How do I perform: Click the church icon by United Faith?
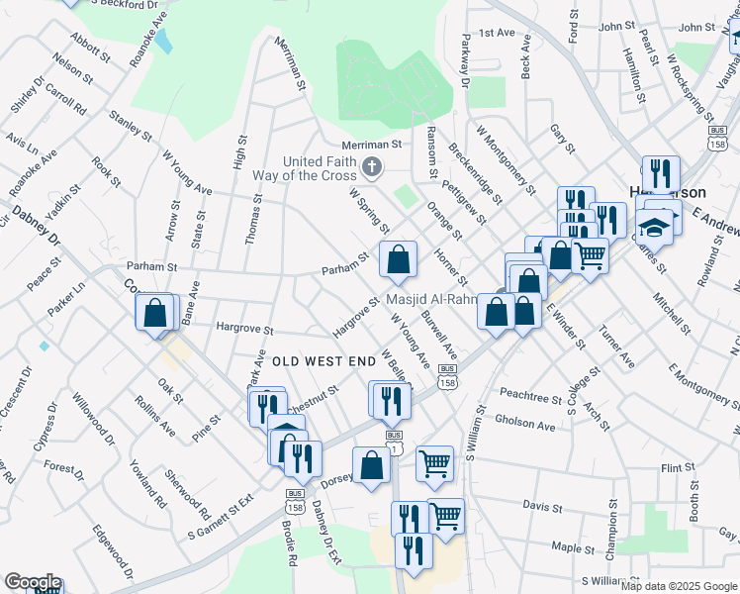point(372,166)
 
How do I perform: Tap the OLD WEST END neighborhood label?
point(324,362)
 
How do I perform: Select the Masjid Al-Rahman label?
point(431,300)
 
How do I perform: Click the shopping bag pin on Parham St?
point(398,261)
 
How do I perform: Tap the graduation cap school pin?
point(654,228)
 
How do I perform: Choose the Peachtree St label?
point(530,395)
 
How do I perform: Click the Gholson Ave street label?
point(525,425)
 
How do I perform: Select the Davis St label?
point(542,505)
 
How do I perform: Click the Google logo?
point(32,581)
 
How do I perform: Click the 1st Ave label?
point(498,33)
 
